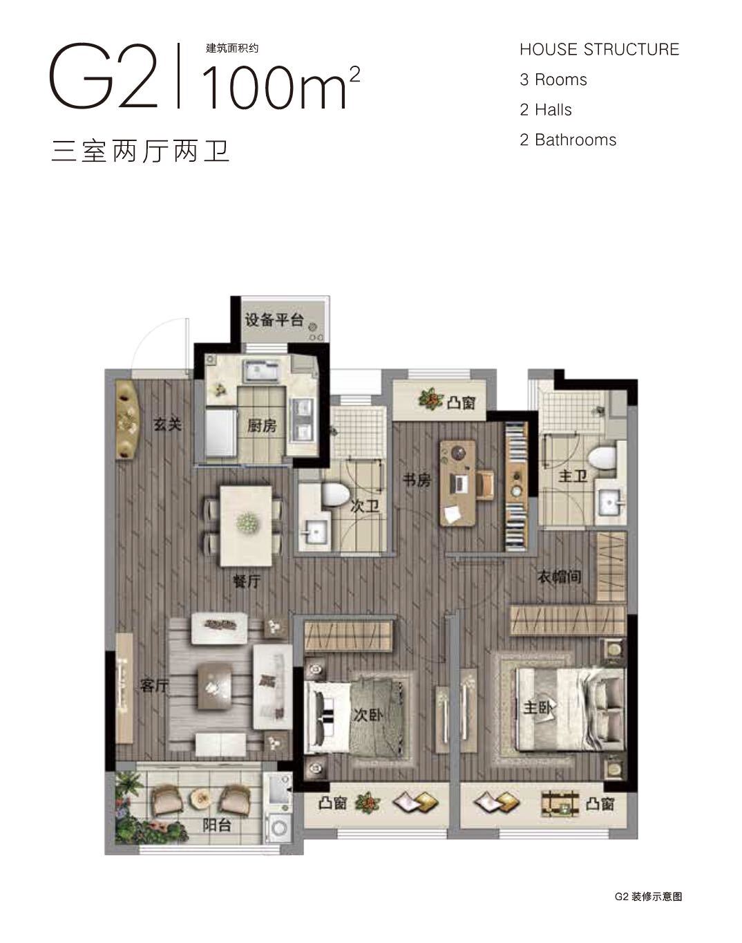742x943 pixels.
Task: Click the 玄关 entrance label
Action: click(168, 424)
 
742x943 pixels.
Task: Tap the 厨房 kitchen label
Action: click(261, 425)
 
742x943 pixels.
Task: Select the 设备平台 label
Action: click(274, 320)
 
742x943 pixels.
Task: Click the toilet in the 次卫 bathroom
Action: click(335, 494)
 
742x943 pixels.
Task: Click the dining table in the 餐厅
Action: click(246, 525)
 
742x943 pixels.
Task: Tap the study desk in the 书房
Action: click(457, 483)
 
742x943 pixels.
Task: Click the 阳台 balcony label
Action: click(217, 825)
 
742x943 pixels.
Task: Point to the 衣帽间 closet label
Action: click(559, 577)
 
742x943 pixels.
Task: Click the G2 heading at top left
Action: click(104, 75)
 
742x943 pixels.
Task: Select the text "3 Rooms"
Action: click(553, 80)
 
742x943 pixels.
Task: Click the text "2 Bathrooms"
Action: click(568, 140)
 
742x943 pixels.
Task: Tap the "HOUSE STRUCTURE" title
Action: click(599, 50)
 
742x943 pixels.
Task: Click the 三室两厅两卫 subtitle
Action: click(140, 151)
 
